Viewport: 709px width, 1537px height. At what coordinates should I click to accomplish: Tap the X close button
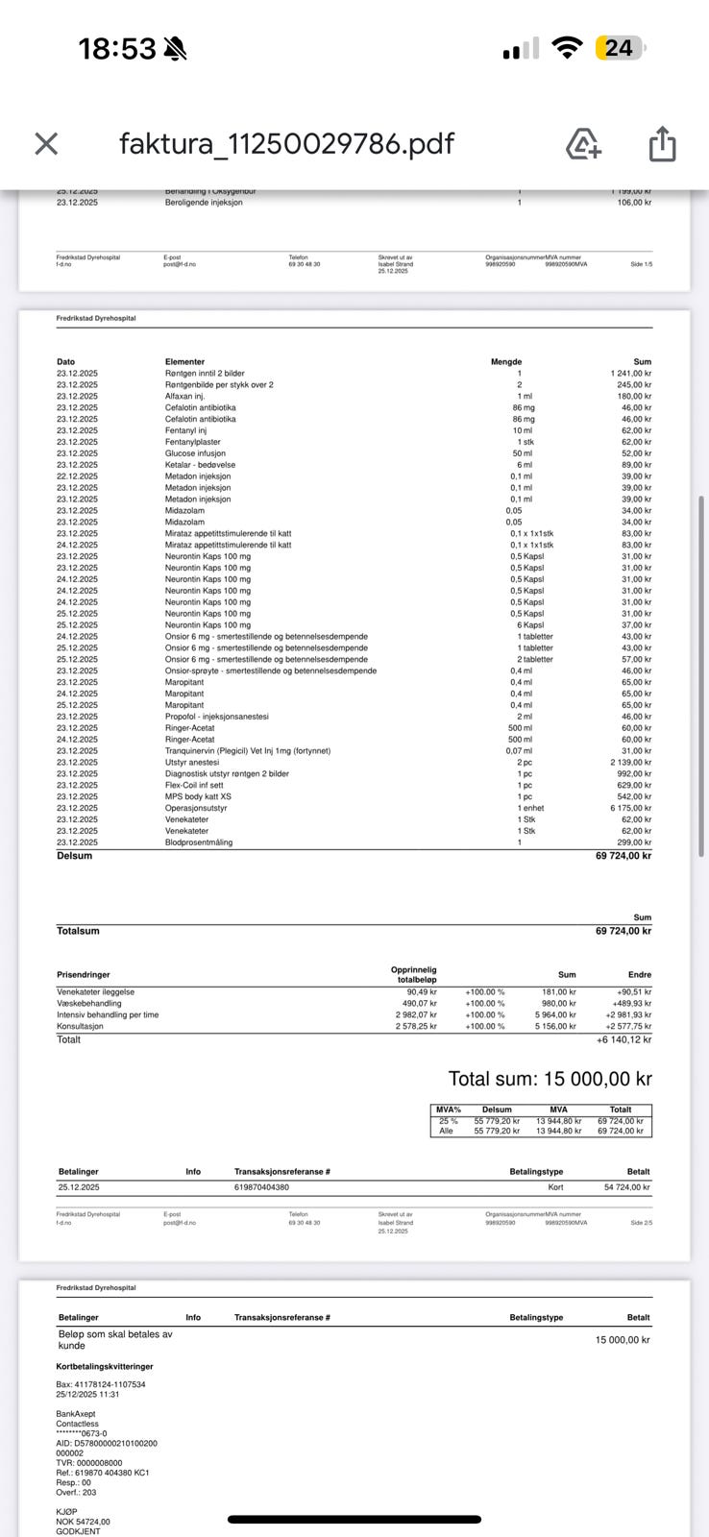pos(46,144)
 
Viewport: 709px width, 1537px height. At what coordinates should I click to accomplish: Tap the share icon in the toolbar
pos(663,144)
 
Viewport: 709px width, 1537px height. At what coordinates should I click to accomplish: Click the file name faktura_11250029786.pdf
pos(286,144)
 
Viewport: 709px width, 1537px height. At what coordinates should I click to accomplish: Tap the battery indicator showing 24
pos(620,48)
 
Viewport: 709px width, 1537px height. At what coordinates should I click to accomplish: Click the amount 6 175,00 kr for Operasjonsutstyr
pos(630,808)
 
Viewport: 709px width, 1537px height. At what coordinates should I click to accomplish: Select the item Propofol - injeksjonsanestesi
pos(216,717)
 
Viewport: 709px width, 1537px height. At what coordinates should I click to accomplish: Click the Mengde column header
pos(506,362)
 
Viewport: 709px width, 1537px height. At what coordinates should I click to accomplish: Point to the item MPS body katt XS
pos(198,796)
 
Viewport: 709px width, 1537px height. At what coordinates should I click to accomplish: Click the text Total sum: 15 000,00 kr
pos(550,1079)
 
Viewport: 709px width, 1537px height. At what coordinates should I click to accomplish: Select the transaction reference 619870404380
pos(261,1187)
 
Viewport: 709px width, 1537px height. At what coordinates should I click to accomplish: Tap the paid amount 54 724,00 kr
pos(626,1187)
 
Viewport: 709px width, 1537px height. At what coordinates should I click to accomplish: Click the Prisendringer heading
pos(84,974)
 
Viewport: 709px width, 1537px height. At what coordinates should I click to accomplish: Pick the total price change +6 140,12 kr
pos(623,1039)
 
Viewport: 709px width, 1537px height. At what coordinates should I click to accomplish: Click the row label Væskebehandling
pos(89,1003)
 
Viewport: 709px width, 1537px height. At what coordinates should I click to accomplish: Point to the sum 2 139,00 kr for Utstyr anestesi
pos(630,762)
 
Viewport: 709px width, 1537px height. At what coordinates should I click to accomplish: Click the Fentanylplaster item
pos(192,442)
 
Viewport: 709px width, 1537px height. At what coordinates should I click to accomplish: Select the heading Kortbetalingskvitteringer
pos(105,1366)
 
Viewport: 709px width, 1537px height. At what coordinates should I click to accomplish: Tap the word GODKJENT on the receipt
pos(78,1531)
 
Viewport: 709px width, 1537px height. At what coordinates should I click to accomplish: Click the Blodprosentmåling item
pos(199,842)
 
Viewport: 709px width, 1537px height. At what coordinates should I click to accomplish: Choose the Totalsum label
pos(78,931)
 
